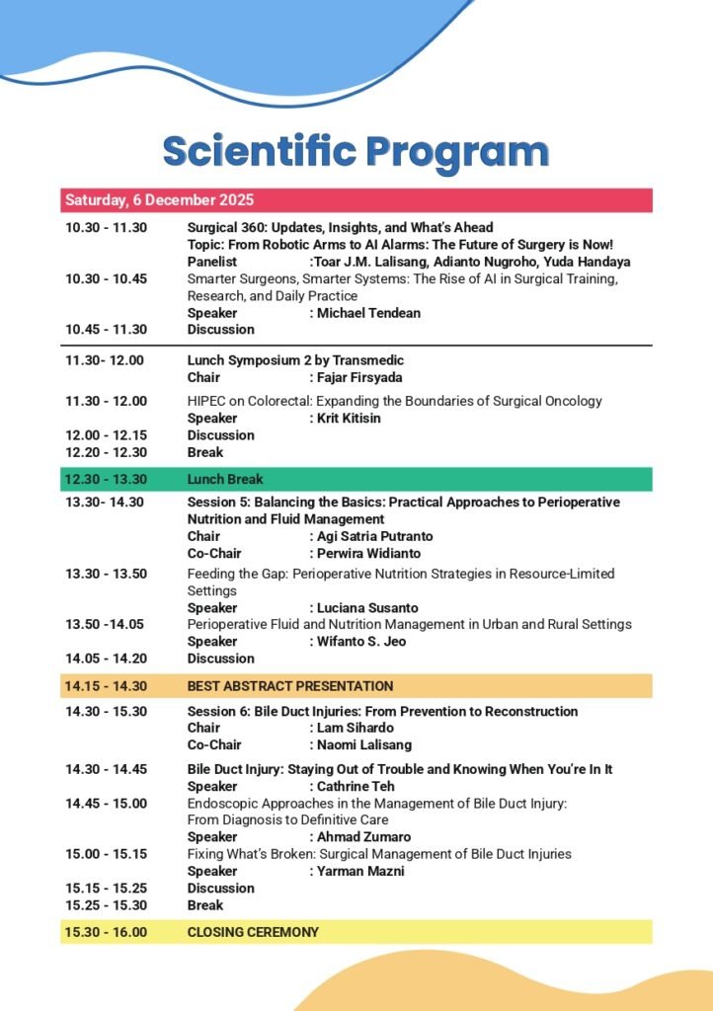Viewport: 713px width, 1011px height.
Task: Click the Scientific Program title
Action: point(356,152)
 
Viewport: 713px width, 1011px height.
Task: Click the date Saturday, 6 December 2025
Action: point(139,200)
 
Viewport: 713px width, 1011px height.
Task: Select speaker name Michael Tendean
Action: point(368,313)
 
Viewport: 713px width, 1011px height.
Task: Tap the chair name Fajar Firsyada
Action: point(363,377)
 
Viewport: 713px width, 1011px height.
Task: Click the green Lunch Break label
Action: point(225,479)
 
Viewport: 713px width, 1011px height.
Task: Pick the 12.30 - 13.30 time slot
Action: point(106,479)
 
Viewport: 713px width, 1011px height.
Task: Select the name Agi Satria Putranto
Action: point(374,536)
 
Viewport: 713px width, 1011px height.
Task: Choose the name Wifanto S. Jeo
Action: point(360,642)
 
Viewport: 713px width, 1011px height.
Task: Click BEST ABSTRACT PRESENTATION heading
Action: point(290,686)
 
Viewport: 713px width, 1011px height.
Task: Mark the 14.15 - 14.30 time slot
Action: point(106,686)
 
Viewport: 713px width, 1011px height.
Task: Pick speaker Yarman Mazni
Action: point(360,871)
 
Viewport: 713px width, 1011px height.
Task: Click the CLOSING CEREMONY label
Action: point(253,932)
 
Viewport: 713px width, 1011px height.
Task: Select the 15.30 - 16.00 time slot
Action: point(106,932)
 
